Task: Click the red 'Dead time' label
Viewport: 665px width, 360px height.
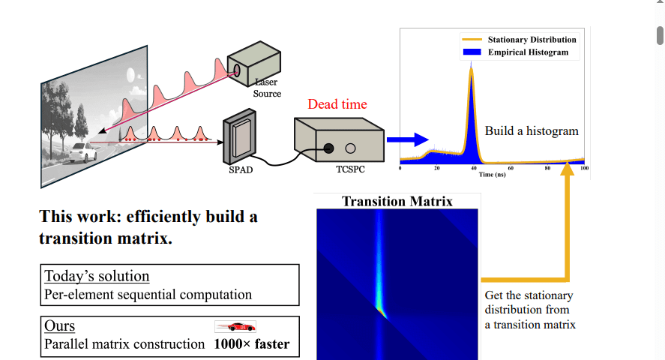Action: (337, 104)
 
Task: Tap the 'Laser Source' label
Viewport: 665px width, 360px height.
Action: (267, 88)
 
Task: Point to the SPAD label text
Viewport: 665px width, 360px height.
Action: (240, 170)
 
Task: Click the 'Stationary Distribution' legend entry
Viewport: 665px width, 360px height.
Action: (532, 40)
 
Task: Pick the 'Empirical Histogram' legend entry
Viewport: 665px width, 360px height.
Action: (528, 52)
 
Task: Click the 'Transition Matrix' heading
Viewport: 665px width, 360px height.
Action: (397, 201)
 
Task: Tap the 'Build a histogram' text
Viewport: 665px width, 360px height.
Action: (532, 130)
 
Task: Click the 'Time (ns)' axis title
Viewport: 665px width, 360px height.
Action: (492, 174)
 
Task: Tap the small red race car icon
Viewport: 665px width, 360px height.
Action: (235, 326)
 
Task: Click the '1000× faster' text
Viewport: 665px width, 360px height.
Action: (251, 345)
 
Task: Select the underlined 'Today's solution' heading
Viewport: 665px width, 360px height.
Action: (97, 276)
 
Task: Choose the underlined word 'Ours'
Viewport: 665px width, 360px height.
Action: (59, 326)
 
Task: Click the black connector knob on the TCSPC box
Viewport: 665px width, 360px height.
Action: (328, 148)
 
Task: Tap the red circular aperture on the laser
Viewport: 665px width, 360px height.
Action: (238, 71)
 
